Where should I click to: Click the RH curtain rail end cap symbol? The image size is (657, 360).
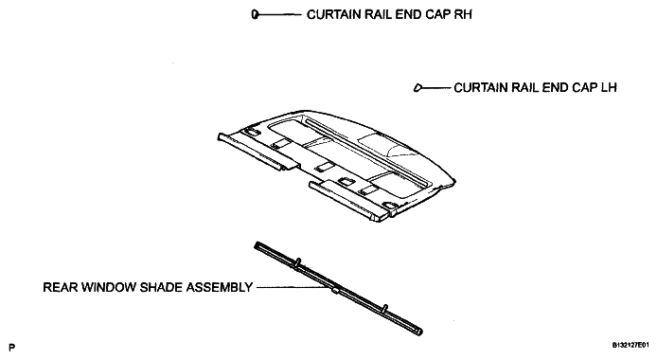coord(255,14)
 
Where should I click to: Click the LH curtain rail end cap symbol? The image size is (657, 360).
coord(417,87)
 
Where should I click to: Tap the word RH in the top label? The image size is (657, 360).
coord(464,14)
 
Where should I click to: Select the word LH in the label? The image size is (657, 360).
coord(610,87)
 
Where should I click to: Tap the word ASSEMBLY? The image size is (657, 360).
coord(220,287)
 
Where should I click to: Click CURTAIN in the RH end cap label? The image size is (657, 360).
coord(334,14)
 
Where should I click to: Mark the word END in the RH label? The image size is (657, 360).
coord(409,14)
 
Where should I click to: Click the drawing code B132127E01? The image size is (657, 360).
coord(633,346)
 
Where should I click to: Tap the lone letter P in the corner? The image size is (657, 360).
coord(11,348)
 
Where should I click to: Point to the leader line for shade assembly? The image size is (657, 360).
coord(293,287)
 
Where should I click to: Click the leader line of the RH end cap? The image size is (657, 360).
coord(279,14)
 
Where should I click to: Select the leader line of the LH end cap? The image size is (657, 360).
coord(436,87)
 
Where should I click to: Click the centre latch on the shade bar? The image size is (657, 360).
coord(335,289)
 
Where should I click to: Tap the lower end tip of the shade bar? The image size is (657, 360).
coord(419,332)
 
